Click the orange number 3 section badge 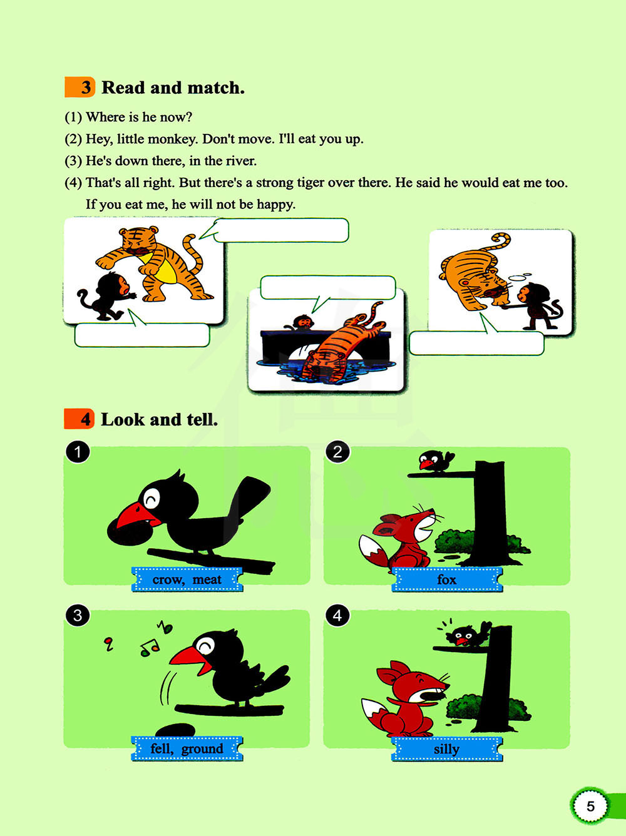(80, 87)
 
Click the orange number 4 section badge (79, 419)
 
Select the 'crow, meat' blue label (187, 579)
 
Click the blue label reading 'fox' (447, 579)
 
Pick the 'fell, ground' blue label (187, 748)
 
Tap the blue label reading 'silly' (447, 749)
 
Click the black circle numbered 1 (78, 452)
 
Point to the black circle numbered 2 (337, 452)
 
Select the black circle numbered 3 (78, 616)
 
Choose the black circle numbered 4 (337, 616)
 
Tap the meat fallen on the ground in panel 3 (176, 730)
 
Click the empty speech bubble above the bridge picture (327, 288)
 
